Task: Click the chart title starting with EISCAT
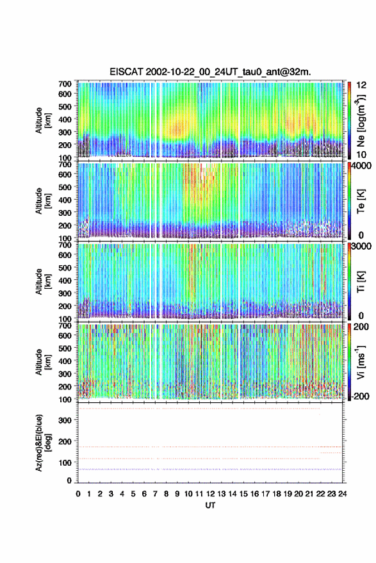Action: tap(211, 72)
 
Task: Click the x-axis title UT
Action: tap(210, 505)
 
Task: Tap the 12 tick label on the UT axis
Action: tap(211, 494)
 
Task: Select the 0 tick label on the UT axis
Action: tap(78, 494)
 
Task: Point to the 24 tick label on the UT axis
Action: tap(342, 494)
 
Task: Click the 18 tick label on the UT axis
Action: tap(277, 494)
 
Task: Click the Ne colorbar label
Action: tap(361, 120)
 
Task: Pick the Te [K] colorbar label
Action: tap(361, 201)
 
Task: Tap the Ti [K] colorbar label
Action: tap(361, 282)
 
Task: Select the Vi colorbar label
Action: tap(361, 362)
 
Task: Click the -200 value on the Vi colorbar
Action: tap(360, 396)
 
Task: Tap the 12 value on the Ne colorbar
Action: tap(361, 85)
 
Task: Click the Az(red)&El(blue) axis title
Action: tap(42, 443)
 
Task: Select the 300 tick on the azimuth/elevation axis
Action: tap(65, 420)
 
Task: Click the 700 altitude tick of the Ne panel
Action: tap(65, 84)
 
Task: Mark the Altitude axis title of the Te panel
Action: tap(42, 200)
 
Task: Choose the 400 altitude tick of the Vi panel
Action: tap(65, 361)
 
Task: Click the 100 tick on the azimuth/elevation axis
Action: tap(65, 462)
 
